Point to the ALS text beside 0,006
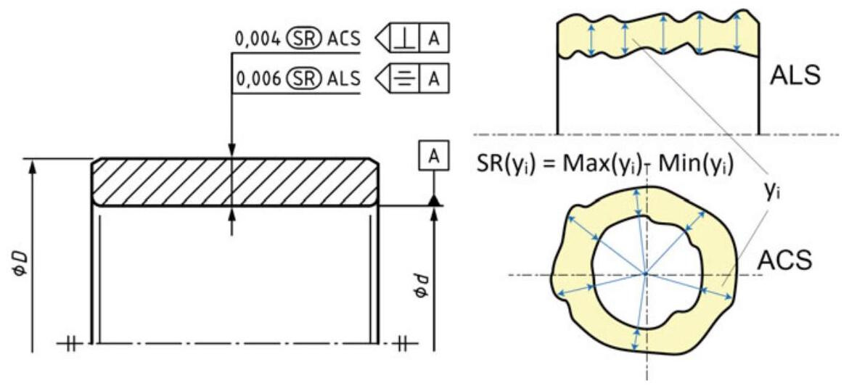pos(339,76)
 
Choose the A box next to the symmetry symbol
pos(434,76)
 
